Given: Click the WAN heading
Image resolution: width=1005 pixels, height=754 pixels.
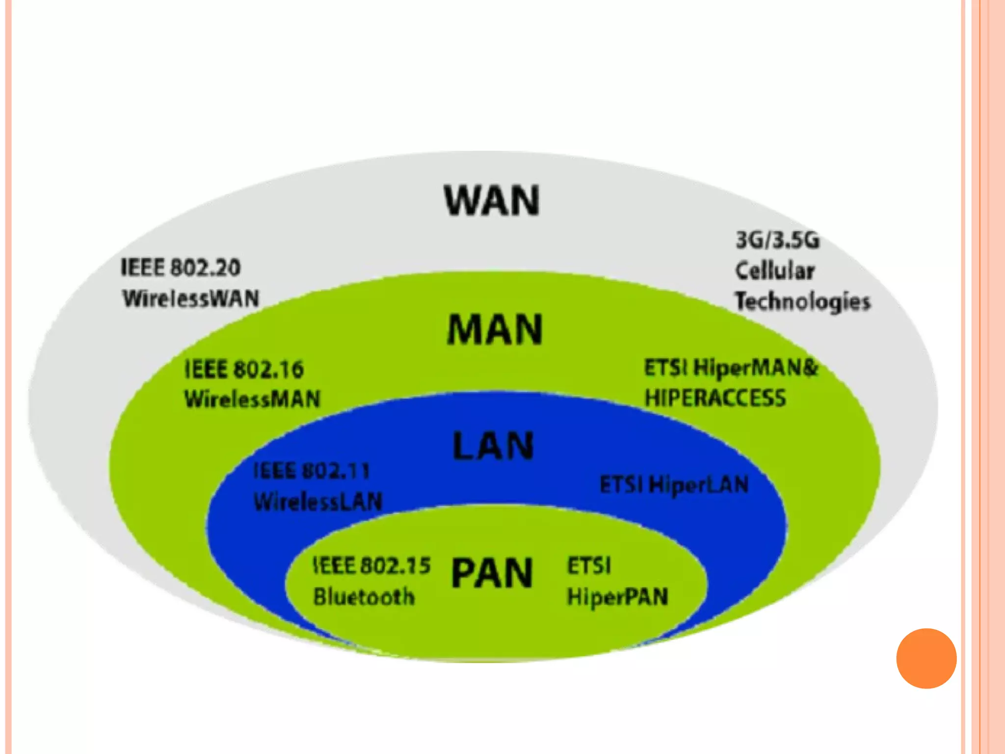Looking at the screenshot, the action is (x=492, y=200).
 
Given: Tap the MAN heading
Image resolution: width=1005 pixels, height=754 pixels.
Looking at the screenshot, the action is (x=495, y=329).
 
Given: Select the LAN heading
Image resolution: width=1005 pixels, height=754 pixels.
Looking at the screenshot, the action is (x=493, y=446).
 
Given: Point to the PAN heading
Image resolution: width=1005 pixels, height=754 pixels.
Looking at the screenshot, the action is (x=492, y=573).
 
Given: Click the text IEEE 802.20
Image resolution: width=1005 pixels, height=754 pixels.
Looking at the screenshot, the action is (x=181, y=268).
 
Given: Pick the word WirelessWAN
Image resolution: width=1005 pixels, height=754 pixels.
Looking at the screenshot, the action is (x=191, y=298).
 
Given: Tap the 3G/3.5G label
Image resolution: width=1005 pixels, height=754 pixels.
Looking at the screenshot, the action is (x=777, y=240).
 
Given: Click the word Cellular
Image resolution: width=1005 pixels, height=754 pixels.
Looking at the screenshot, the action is (x=775, y=270).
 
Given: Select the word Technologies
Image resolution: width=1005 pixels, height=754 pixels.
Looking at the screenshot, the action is (x=802, y=301).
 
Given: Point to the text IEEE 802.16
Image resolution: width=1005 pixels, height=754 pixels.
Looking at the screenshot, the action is (x=244, y=369).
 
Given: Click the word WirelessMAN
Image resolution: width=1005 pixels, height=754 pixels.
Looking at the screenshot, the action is (x=252, y=399).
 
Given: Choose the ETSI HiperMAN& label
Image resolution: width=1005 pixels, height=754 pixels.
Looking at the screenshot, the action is (x=731, y=368).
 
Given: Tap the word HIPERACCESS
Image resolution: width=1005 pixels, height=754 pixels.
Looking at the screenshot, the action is (x=715, y=398).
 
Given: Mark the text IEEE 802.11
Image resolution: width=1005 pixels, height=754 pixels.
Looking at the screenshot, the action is (x=311, y=471).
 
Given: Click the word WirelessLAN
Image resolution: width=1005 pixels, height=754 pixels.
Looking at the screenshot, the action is (x=318, y=501).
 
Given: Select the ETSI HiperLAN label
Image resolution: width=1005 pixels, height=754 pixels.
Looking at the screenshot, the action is (x=674, y=485).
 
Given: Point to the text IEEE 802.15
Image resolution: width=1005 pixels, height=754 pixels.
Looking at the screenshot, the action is (x=371, y=565).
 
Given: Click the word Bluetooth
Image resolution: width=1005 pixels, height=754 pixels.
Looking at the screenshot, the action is (x=364, y=596).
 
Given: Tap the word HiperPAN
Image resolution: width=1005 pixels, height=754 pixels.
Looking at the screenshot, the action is (x=617, y=597).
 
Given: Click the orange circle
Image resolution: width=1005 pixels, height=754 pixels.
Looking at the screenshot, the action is (x=926, y=658).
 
